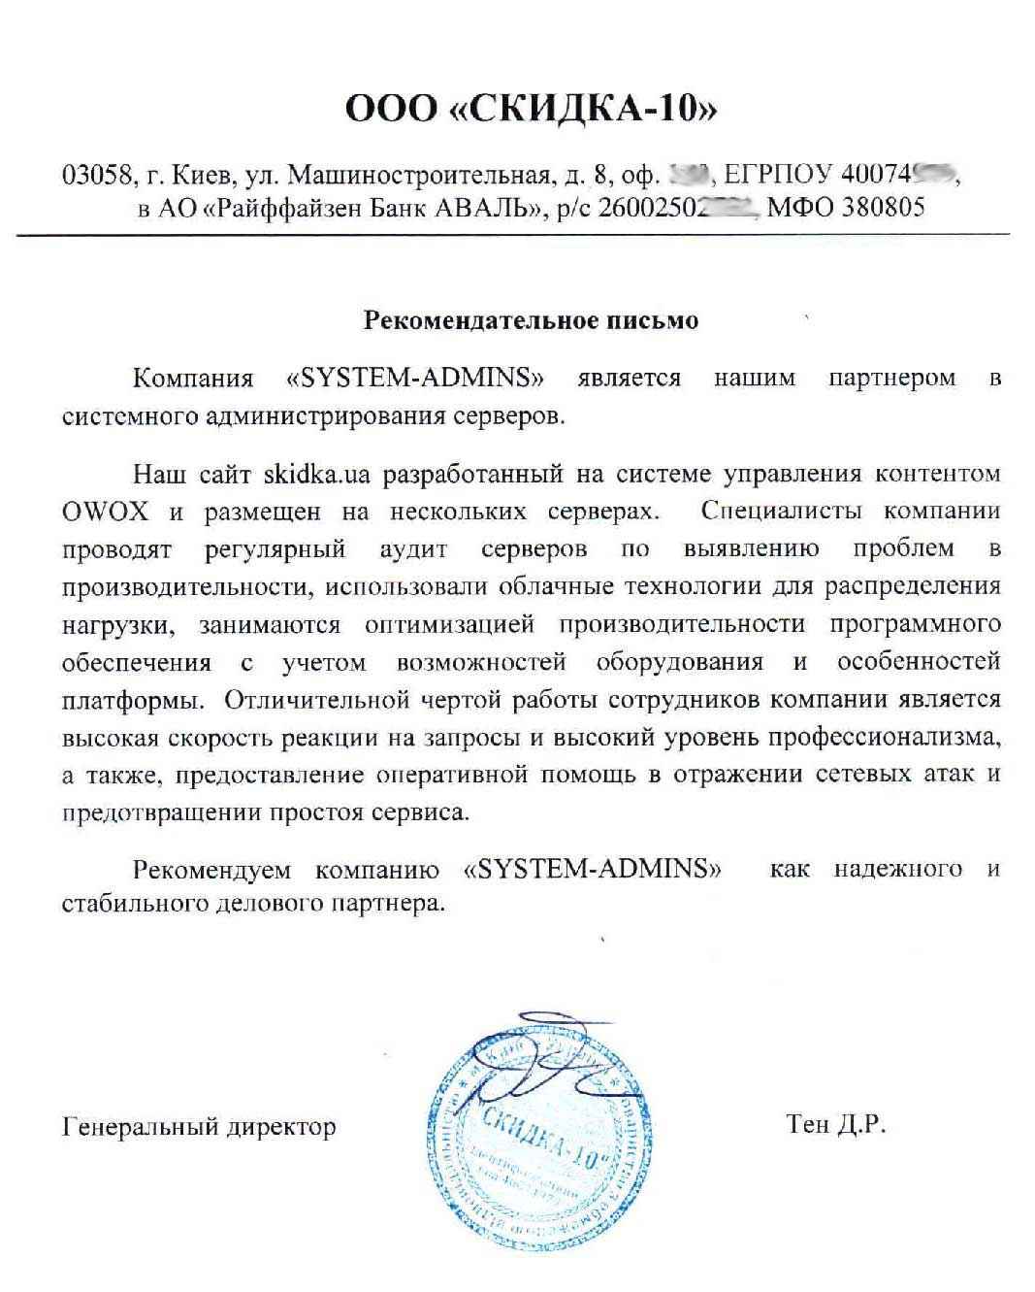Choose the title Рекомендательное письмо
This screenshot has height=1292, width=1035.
click(531, 320)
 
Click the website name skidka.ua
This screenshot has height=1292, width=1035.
click(319, 475)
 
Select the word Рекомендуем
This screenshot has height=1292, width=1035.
click(209, 868)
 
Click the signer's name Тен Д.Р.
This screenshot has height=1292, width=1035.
click(835, 1126)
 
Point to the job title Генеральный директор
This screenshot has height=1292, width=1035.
click(199, 1127)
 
